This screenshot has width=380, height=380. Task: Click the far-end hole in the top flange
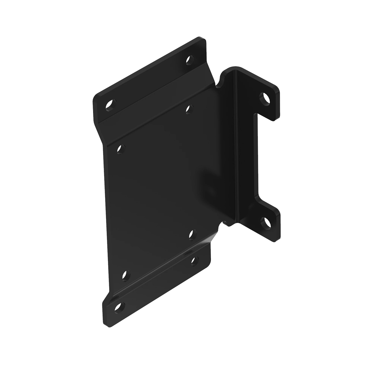tap(189, 59)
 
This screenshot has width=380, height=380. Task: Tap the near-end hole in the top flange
tap(110, 104)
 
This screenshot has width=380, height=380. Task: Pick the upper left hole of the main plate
tap(120, 148)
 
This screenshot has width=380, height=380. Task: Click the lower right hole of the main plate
tap(192, 235)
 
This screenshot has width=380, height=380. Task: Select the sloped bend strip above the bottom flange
tap(158, 269)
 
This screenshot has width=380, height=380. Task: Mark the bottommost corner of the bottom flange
tap(106, 323)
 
